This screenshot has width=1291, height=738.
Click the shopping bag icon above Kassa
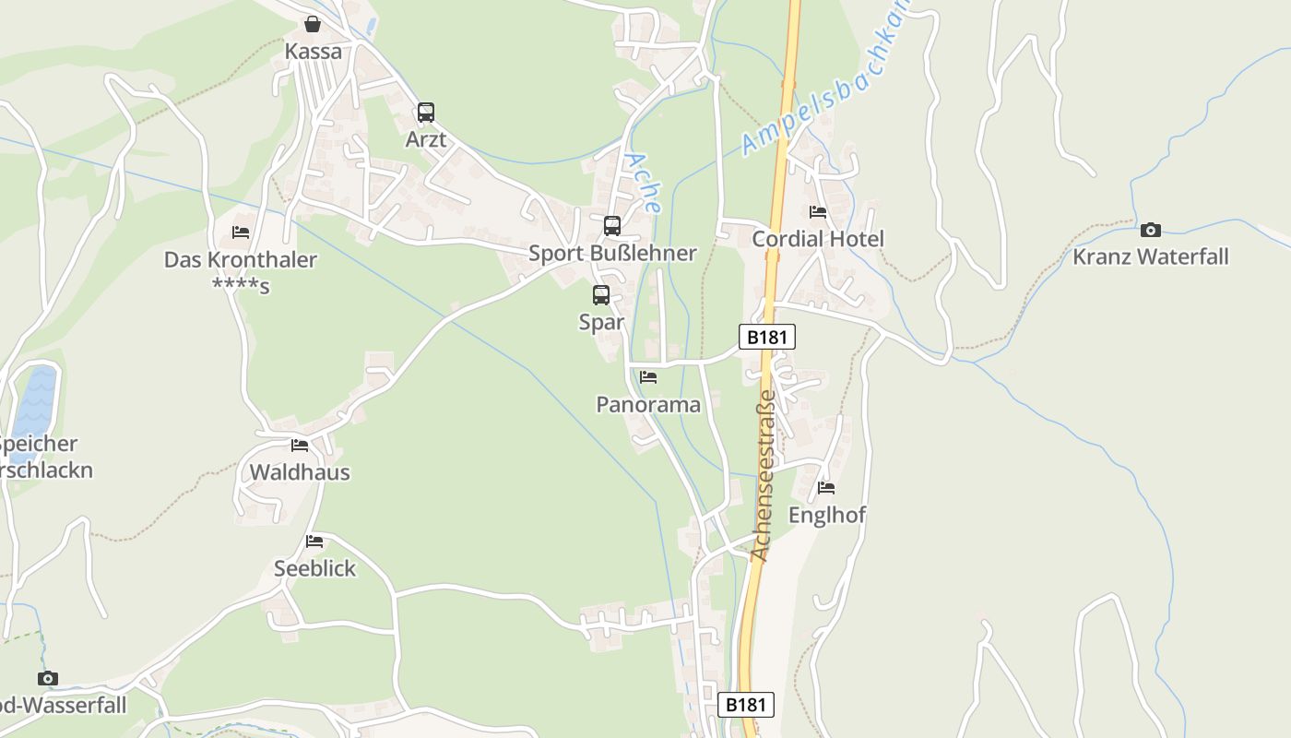(x=313, y=24)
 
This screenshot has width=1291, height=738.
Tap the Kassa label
(x=313, y=52)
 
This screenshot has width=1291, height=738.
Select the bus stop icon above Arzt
(x=425, y=113)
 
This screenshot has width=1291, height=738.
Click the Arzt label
(x=425, y=139)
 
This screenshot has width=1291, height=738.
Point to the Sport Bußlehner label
(x=611, y=253)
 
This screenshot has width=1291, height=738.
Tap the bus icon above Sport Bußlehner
(x=611, y=226)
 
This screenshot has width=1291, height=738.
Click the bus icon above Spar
(x=600, y=295)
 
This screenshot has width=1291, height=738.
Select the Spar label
(x=600, y=322)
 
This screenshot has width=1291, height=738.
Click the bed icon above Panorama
(x=648, y=377)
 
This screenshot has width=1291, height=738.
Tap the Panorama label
(x=648, y=404)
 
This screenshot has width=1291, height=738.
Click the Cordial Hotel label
(x=817, y=239)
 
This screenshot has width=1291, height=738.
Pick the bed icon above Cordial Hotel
(x=817, y=212)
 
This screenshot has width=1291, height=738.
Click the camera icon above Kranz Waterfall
(x=1150, y=230)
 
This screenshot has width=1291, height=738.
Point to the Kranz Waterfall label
(x=1150, y=256)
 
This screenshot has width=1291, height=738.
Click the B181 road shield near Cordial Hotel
(x=766, y=337)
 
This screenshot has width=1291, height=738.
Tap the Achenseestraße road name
(x=762, y=476)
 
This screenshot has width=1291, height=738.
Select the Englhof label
(x=826, y=515)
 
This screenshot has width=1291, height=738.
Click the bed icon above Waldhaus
(x=300, y=446)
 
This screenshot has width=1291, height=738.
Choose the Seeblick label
(x=314, y=568)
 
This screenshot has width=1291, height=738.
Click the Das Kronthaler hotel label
(x=240, y=260)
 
